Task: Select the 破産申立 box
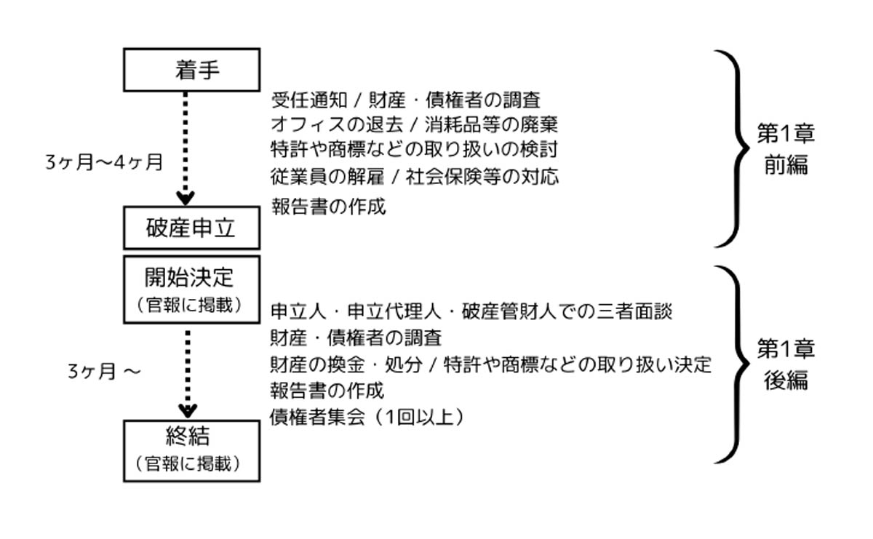click(x=192, y=228)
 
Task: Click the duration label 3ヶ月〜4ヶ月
click(x=104, y=163)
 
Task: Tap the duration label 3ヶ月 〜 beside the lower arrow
click(x=103, y=372)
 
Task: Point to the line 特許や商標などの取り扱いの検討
click(x=414, y=149)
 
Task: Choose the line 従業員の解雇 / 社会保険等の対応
click(x=415, y=176)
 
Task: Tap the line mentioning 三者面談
click(x=471, y=312)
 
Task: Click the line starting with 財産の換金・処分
click(x=490, y=364)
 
